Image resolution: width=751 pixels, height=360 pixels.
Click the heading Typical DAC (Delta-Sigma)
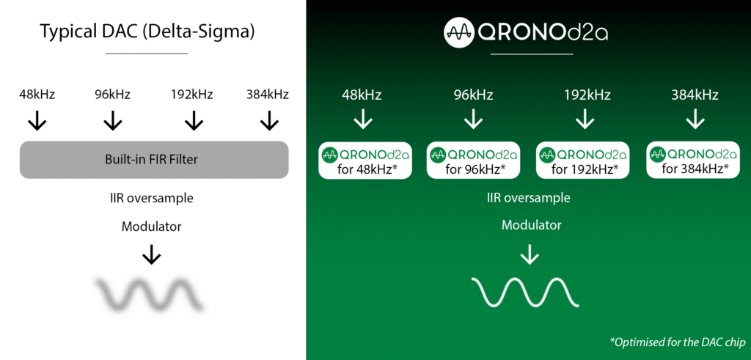[x=147, y=32]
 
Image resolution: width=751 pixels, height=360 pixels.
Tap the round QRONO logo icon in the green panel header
[x=459, y=32]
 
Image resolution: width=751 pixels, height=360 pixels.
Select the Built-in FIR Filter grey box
[x=154, y=159]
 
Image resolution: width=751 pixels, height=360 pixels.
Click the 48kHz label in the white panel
[x=37, y=95]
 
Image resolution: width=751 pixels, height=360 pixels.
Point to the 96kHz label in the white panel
[x=112, y=95]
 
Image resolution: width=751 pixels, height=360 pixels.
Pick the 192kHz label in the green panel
[x=584, y=95]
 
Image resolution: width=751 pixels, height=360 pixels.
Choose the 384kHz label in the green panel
[x=694, y=95]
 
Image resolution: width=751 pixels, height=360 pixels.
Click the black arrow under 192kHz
[x=194, y=121]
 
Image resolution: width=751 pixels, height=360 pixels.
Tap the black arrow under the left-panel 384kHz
[x=268, y=121]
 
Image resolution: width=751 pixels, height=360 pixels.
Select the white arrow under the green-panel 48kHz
[x=362, y=120]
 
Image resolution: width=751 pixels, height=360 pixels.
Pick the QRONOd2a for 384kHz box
[x=694, y=160]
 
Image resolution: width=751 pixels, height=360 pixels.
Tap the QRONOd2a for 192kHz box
[x=583, y=160]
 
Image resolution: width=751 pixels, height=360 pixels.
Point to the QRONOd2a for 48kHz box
[x=365, y=160]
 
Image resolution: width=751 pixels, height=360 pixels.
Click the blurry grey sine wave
[x=150, y=293]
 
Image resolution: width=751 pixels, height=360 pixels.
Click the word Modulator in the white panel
[x=151, y=227]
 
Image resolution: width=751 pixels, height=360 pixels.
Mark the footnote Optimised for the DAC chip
[x=677, y=342]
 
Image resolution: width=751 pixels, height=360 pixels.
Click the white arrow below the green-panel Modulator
[x=529, y=254]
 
